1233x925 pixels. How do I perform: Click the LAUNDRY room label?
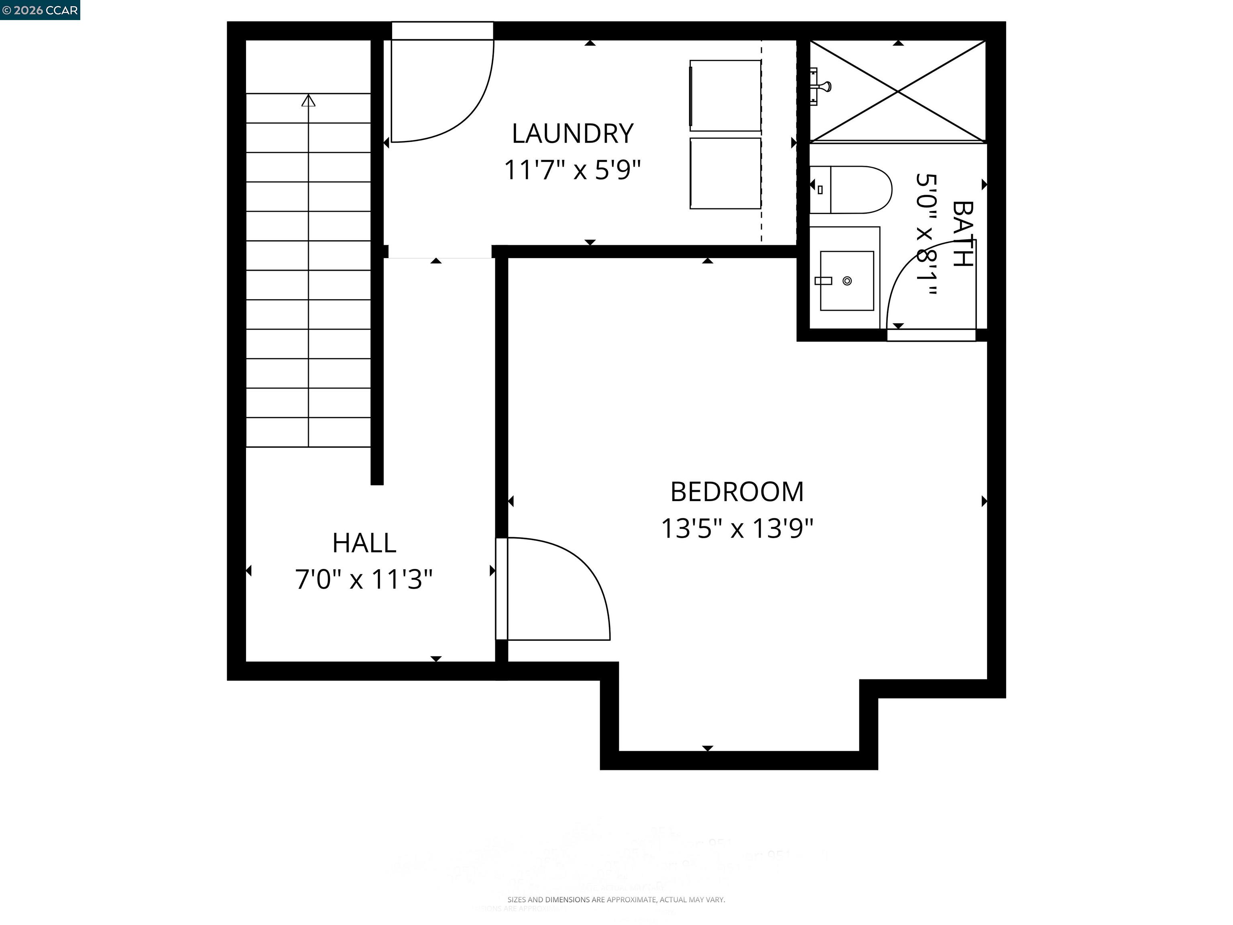pos(572,134)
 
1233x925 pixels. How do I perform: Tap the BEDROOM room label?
pos(737,492)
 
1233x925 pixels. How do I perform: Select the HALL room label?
pos(364,543)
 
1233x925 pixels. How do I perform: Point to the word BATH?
pos(962,234)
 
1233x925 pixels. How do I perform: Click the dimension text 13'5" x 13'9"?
pos(737,528)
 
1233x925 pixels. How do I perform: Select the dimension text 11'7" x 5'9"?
pos(572,169)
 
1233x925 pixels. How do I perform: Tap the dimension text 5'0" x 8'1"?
pos(926,234)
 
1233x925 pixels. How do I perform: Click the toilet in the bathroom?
pos(853,189)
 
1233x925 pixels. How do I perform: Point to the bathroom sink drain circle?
pos(847,281)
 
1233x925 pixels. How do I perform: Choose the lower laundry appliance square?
pos(725,173)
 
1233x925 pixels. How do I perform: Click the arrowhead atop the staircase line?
pos(308,101)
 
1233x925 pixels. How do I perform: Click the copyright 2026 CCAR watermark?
pos(40,10)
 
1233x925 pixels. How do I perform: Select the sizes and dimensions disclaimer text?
pos(616,899)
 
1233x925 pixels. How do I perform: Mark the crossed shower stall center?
pos(897,91)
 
